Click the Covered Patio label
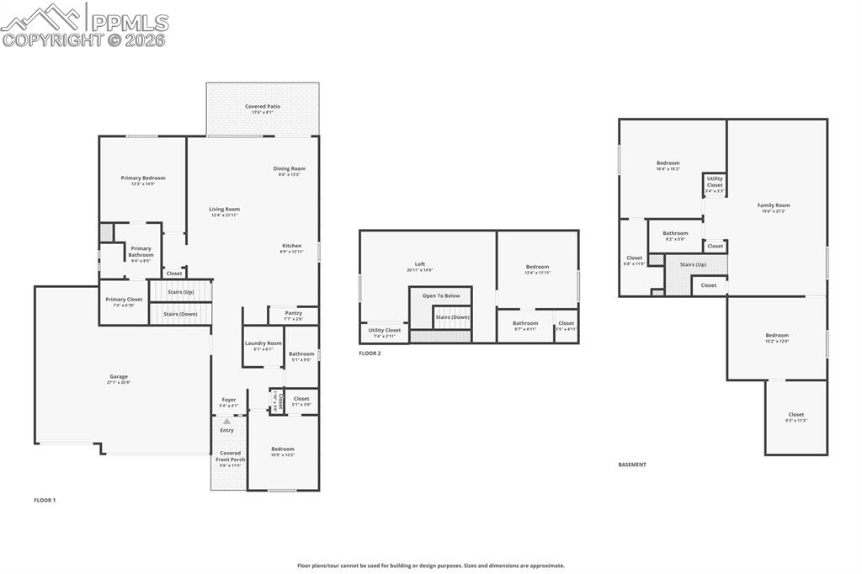[x=263, y=107]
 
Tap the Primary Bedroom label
[x=142, y=178]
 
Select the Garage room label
[x=118, y=377]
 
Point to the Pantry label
[x=293, y=313]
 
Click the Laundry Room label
[x=263, y=343]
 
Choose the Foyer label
[x=229, y=400]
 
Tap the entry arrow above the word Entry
[x=226, y=421]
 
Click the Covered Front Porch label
[x=229, y=456]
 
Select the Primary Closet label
[x=124, y=300]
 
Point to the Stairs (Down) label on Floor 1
[x=180, y=314]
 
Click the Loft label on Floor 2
[x=420, y=264]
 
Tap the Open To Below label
[x=440, y=295]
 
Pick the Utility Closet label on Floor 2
[x=385, y=331]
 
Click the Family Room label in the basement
[x=774, y=205]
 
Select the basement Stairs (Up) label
[x=697, y=264]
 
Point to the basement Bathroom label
[x=675, y=234]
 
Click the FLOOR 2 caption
[x=370, y=353]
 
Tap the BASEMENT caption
[x=632, y=465]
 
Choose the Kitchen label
[x=291, y=246]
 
